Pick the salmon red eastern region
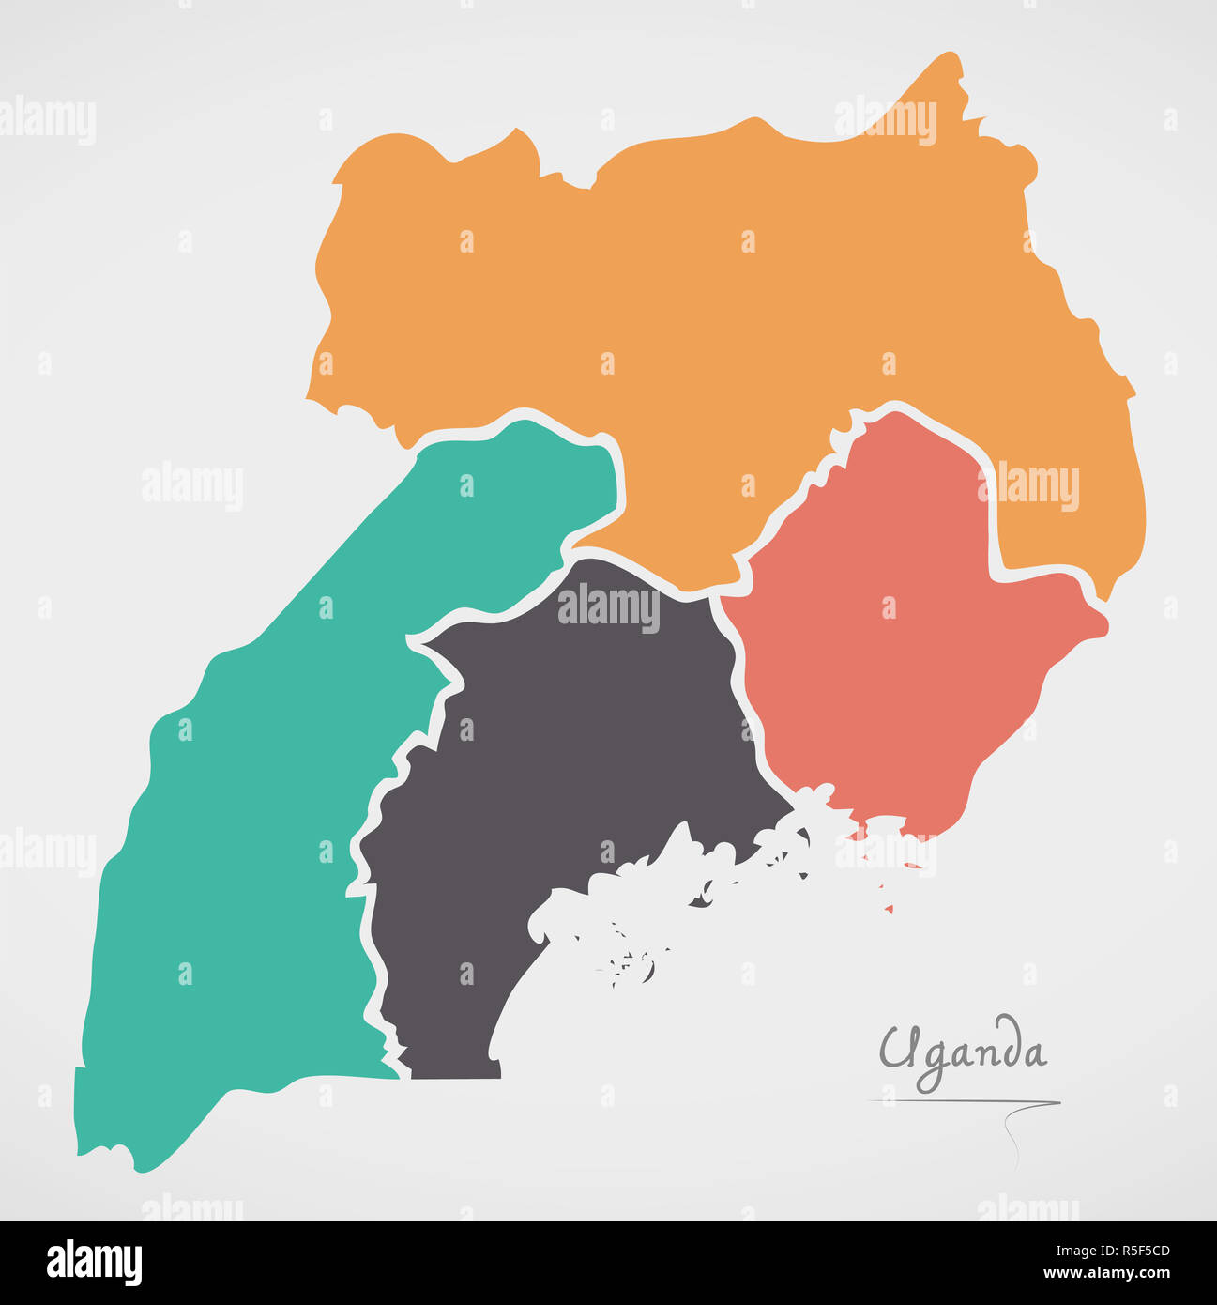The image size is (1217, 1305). [882, 676]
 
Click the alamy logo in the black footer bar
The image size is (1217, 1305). [94, 1263]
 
